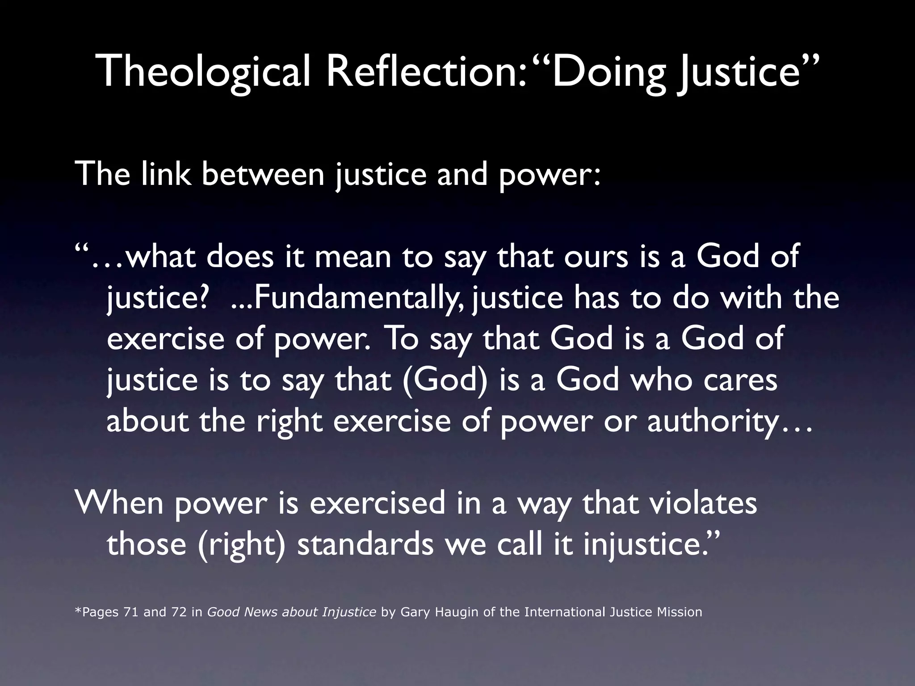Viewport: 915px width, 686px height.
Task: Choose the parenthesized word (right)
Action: coord(241,544)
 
